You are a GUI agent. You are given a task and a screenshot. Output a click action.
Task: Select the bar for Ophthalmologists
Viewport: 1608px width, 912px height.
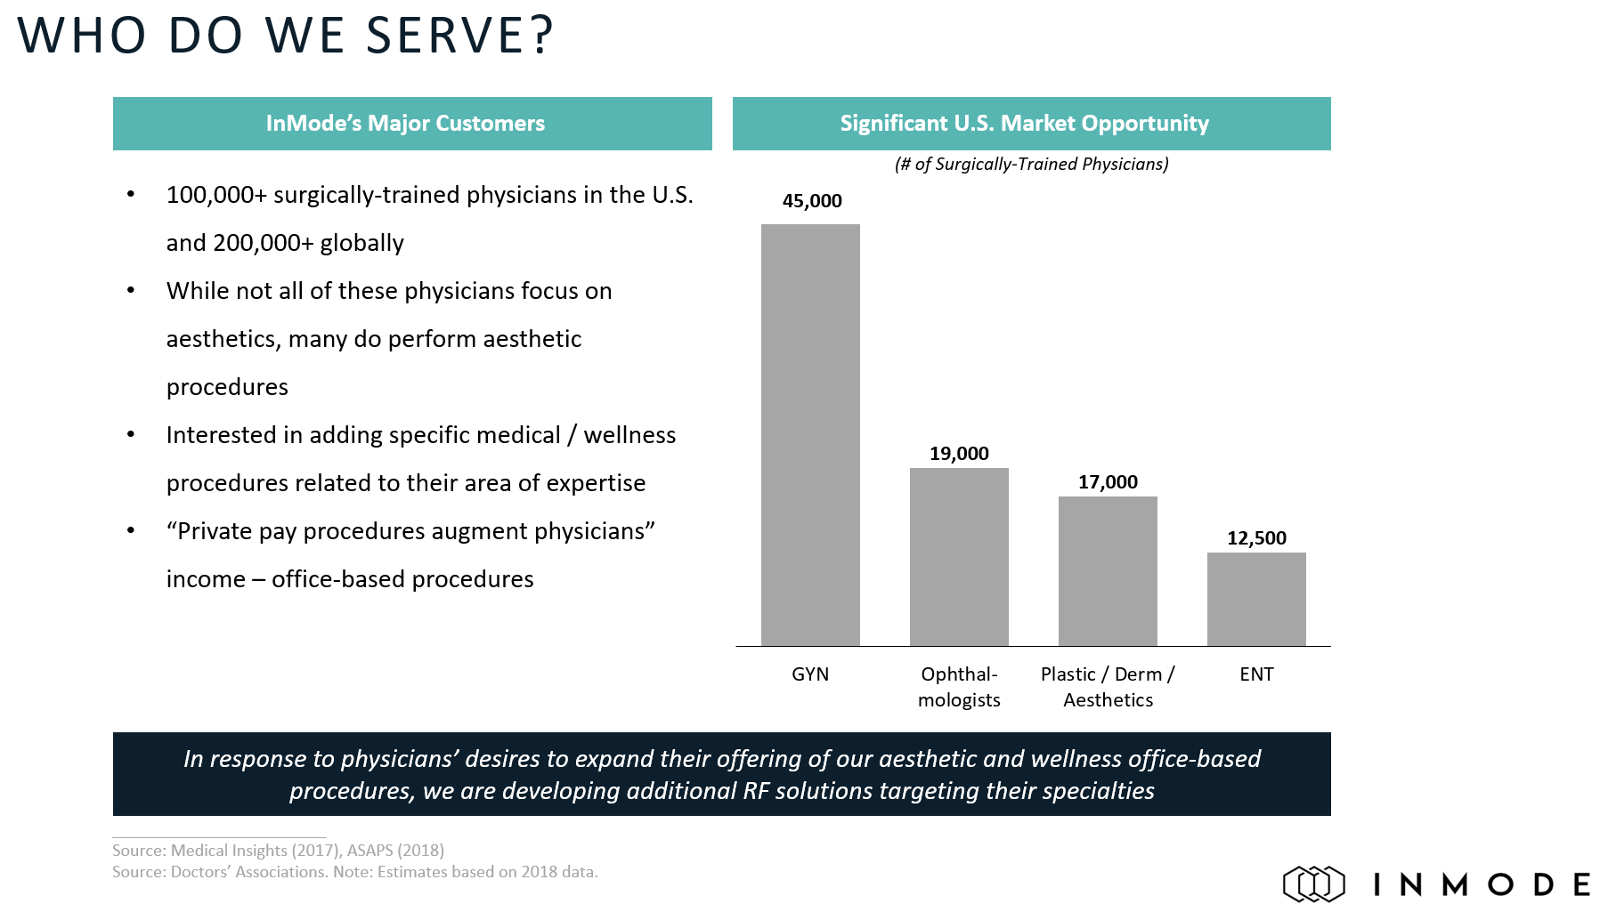[959, 556]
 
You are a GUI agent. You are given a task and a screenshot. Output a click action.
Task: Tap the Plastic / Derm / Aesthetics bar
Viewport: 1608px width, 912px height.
[1108, 570]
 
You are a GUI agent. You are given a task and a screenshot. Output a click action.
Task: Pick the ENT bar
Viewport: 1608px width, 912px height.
[1256, 599]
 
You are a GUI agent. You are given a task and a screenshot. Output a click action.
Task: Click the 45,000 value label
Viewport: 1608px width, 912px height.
[812, 201]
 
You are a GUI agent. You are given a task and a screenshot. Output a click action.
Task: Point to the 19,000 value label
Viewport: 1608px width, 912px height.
[959, 454]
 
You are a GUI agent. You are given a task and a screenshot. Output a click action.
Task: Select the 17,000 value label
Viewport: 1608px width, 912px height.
[1108, 482]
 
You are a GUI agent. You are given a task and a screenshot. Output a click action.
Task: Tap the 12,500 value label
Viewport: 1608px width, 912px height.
[1256, 538]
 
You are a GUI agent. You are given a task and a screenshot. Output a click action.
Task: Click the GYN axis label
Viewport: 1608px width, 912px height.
[810, 674]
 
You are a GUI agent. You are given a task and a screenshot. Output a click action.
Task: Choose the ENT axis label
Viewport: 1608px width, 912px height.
[1256, 674]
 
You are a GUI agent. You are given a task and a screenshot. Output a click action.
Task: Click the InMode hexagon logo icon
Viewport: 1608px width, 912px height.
[1313, 884]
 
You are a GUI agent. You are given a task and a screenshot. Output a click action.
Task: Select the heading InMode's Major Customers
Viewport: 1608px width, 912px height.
[405, 124]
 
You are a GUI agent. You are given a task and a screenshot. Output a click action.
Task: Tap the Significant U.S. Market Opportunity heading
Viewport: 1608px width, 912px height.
[1024, 124]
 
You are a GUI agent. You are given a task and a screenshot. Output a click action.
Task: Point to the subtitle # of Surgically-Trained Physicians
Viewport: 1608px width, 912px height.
[1031, 165]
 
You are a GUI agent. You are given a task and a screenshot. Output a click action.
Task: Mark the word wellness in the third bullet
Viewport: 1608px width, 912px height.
[629, 435]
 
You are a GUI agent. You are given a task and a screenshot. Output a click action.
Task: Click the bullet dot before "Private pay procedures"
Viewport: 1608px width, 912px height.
[131, 531]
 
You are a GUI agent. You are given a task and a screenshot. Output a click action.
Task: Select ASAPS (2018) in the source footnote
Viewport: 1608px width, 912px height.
[395, 851]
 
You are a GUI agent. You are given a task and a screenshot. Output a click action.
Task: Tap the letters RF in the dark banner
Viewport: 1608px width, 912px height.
[756, 791]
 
